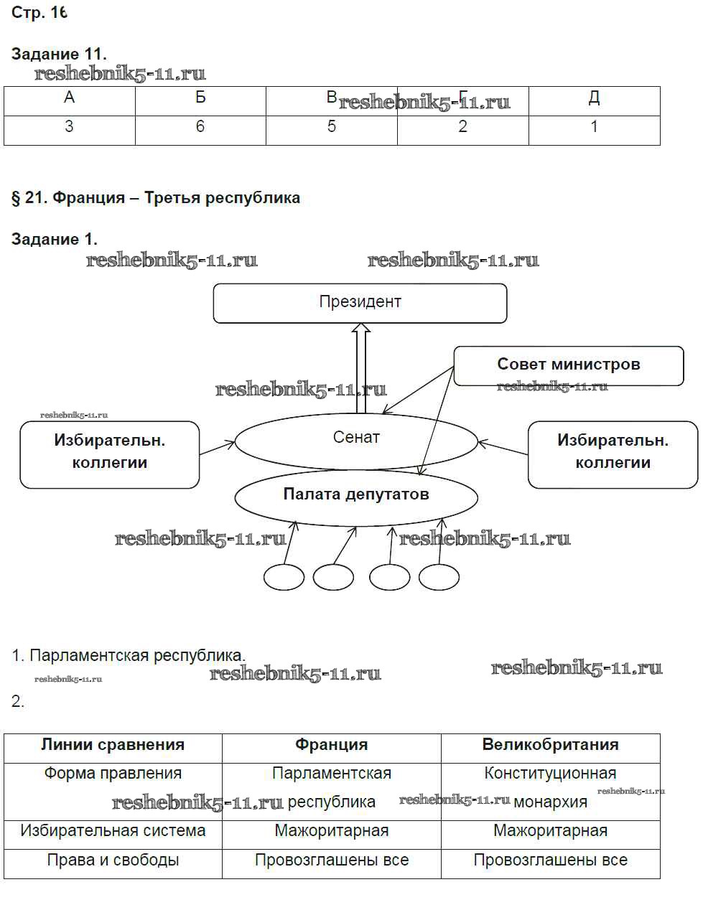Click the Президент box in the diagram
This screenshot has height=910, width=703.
360,302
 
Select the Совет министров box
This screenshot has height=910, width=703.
568,365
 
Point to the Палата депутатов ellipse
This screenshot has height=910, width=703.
356,494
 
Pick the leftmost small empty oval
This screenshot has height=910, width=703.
284,577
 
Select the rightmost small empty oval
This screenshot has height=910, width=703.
439,577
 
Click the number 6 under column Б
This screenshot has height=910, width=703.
200,127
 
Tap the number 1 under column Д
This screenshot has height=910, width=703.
594,127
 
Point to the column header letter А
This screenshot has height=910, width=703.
69,98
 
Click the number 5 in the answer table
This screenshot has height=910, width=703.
331,127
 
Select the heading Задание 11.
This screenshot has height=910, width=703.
59,54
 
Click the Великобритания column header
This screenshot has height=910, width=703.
550,745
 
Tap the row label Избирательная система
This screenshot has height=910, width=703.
113,831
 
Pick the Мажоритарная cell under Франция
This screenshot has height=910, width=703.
331,831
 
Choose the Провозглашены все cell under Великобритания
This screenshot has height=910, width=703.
550,860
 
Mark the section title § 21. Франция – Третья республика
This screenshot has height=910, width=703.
156,197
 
